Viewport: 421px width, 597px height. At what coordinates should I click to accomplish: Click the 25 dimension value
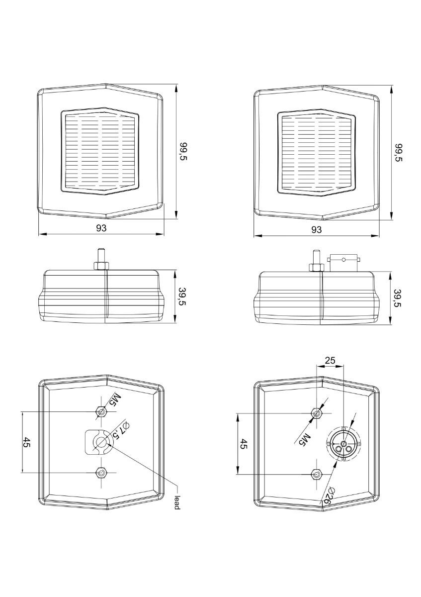click(330, 361)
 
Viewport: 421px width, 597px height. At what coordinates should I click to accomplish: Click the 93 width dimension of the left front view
click(101, 228)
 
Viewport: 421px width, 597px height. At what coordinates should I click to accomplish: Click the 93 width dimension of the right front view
click(316, 229)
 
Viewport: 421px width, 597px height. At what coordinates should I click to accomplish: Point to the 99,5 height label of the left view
click(184, 151)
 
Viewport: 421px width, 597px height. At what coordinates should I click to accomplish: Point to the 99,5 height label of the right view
click(399, 152)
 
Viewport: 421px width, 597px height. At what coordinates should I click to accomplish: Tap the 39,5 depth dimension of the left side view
click(183, 297)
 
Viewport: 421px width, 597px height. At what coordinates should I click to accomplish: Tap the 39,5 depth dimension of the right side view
click(398, 298)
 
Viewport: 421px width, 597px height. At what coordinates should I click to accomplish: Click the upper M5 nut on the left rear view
click(101, 412)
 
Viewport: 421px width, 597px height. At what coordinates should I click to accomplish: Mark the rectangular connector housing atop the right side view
click(344, 263)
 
